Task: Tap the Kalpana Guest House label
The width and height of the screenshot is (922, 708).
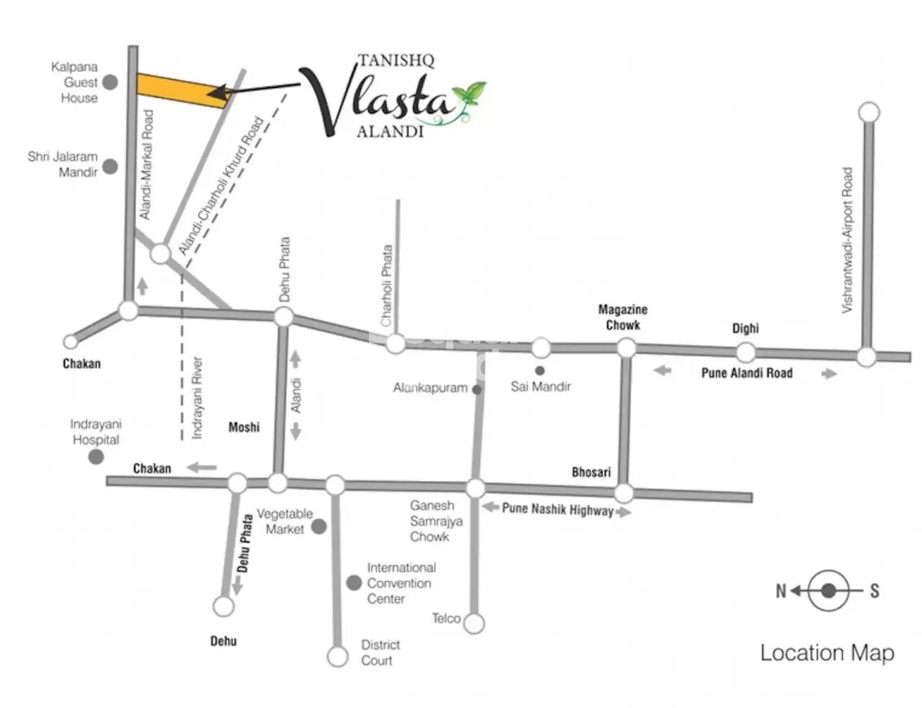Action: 74,82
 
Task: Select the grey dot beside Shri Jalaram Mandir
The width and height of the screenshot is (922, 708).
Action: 110,167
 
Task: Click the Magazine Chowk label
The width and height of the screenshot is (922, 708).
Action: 623,317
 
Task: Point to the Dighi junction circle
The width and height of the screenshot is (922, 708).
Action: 745,352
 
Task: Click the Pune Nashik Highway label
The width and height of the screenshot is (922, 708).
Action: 557,510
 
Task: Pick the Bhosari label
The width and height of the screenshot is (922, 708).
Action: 591,472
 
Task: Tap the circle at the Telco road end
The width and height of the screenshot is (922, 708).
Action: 474,623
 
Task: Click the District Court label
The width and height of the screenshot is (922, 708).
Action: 380,653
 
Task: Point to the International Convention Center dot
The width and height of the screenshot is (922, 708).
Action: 353,583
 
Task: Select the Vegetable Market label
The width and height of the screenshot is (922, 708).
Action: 284,522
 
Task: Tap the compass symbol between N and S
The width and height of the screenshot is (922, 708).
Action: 828,592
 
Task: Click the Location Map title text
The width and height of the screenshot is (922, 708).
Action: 827,653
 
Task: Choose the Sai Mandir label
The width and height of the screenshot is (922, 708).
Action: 541,387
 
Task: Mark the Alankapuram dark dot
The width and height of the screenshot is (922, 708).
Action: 476,390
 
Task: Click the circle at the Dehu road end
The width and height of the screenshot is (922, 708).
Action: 223,606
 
